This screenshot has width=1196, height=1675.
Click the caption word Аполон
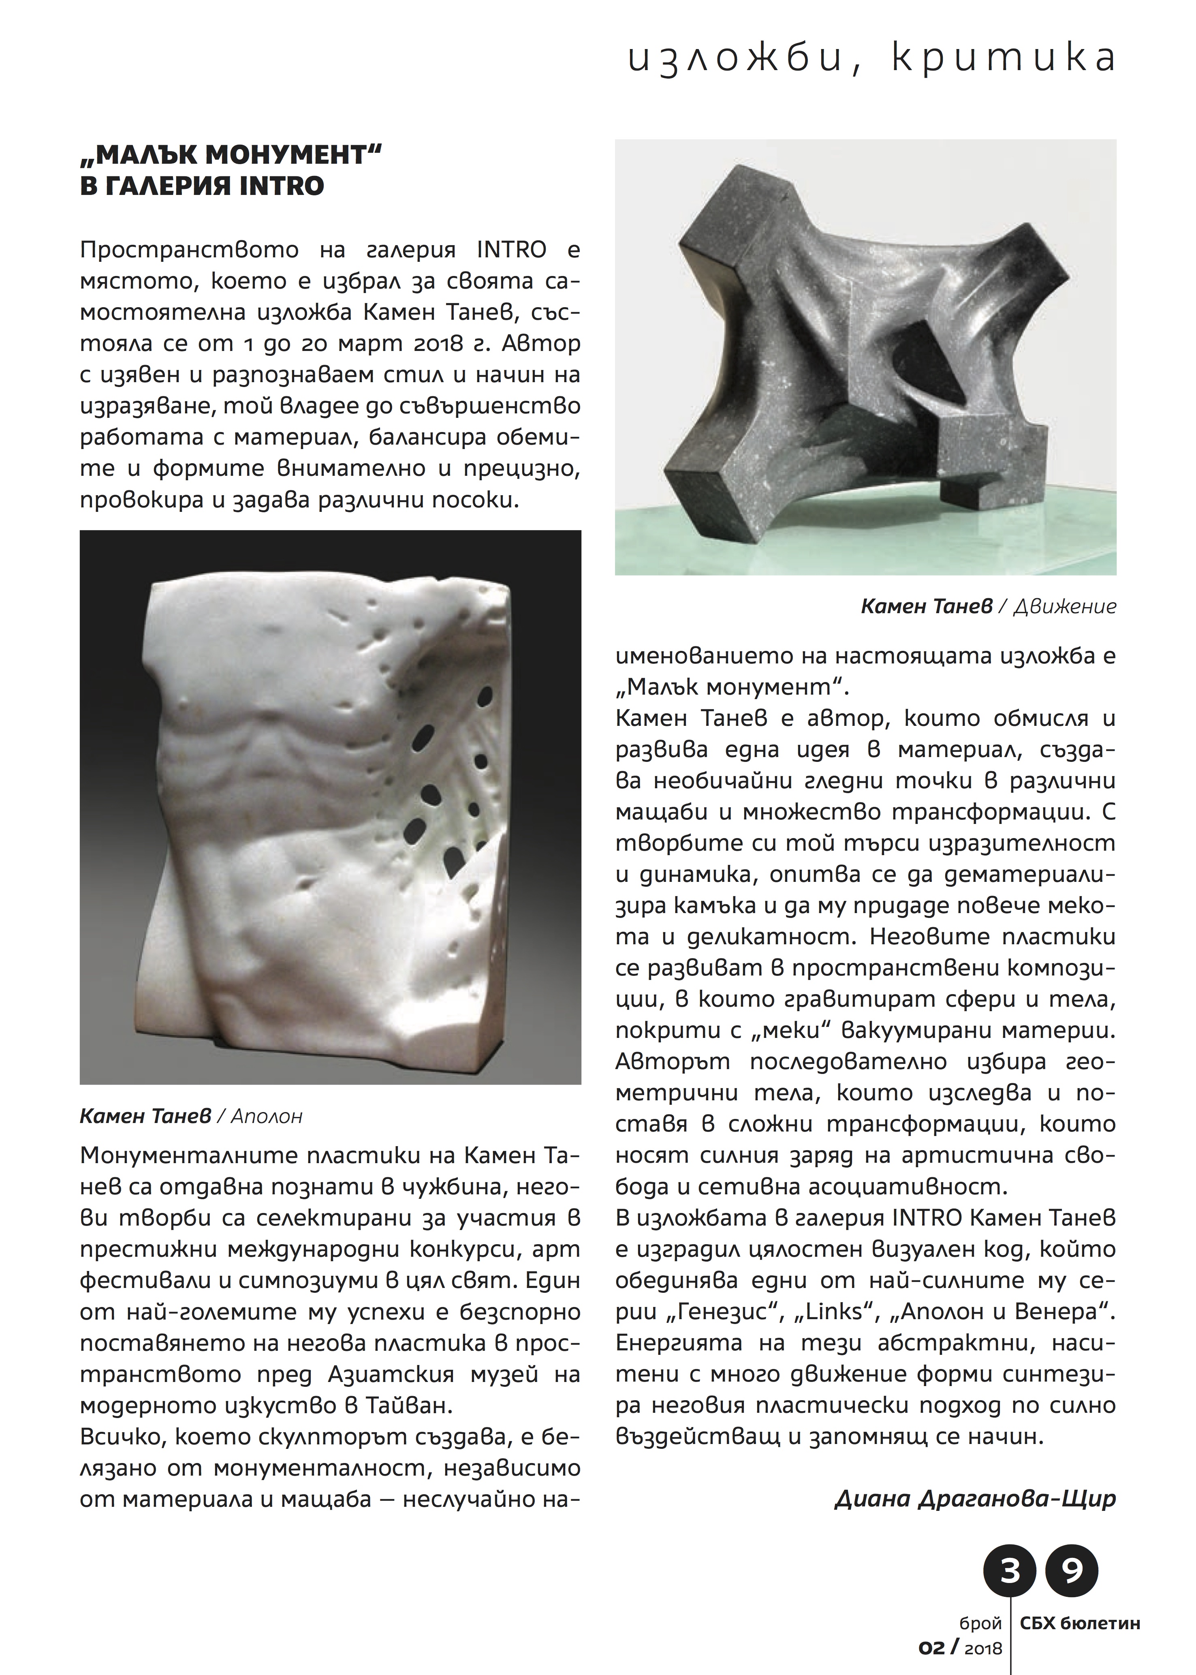(267, 1117)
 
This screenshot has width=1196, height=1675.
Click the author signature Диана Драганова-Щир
(975, 1499)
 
